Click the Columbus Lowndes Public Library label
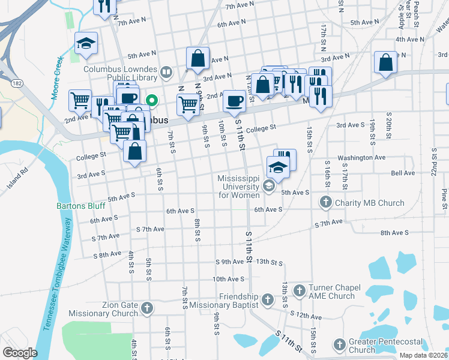pyautogui.click(x=120, y=74)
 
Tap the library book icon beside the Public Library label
pyautogui.click(x=166, y=74)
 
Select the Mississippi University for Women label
pyautogui.click(x=239, y=187)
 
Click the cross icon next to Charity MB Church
pyautogui.click(x=326, y=203)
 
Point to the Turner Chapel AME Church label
pyautogui.click(x=332, y=292)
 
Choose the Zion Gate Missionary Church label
pyautogui.click(x=103, y=309)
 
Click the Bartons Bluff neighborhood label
pyautogui.click(x=80, y=206)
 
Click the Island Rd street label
pyautogui.click(x=17, y=178)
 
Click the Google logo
pyautogui.click(x=19, y=353)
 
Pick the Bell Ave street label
pyautogui.click(x=403, y=173)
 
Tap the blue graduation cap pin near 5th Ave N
pyautogui.click(x=86, y=44)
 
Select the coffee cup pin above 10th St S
pyautogui.click(x=234, y=101)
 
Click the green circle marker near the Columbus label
pyautogui.click(x=152, y=100)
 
